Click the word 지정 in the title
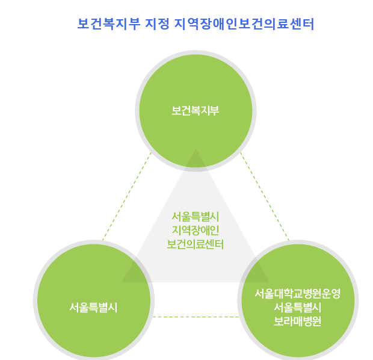(157, 24)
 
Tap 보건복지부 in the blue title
(108, 24)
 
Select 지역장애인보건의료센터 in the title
(244, 24)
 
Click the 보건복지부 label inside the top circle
(195, 111)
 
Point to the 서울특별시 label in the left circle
(93, 308)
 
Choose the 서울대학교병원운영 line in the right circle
(298, 294)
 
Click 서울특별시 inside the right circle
(298, 308)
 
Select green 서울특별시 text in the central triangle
(195, 217)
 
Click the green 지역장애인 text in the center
(195, 231)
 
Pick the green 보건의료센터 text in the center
(195, 244)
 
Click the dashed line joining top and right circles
(265, 196)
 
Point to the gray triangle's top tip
(195, 151)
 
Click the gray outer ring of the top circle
(195, 52)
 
